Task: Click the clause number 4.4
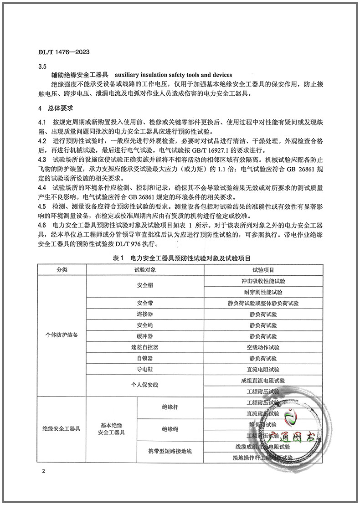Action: coord(42,188)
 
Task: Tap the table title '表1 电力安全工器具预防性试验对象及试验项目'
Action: coord(181,258)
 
